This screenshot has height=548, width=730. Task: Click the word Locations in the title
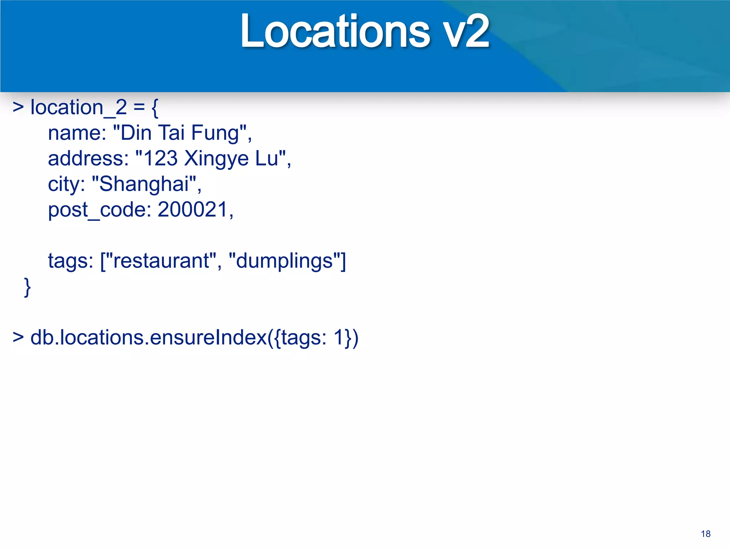click(335, 31)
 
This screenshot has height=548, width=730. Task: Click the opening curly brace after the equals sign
click(155, 108)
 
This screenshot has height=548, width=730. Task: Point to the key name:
click(77, 133)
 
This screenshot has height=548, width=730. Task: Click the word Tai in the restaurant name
click(171, 133)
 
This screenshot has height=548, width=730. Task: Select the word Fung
click(215, 133)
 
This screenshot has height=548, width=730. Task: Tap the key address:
click(88, 158)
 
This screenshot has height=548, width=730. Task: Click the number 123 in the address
click(160, 158)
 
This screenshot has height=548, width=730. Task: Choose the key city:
click(67, 184)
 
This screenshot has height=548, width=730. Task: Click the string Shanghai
click(144, 184)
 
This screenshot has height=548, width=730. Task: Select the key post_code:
click(99, 210)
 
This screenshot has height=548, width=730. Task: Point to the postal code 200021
click(192, 209)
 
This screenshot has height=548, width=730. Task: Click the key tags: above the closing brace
click(71, 261)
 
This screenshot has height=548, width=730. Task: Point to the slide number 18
click(705, 534)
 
